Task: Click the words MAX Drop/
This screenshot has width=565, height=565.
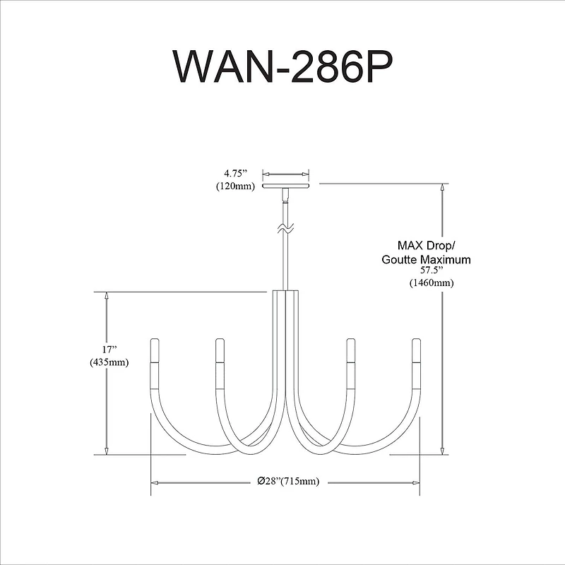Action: click(427, 246)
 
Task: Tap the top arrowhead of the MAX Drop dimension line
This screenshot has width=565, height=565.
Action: click(442, 189)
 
